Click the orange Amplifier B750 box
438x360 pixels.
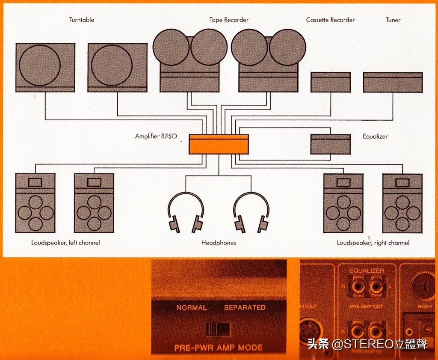pyautogui.click(x=219, y=144)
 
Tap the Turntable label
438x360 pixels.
pyautogui.click(x=82, y=20)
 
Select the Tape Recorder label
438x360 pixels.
pyautogui.click(x=229, y=20)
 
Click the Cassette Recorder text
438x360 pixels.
pyautogui.click(x=330, y=20)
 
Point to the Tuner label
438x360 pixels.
pyautogui.click(x=393, y=20)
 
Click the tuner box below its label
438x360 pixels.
pyautogui.click(x=393, y=82)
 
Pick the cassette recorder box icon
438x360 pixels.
pyautogui.click(x=331, y=82)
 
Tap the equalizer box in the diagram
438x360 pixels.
pyautogui.click(x=331, y=144)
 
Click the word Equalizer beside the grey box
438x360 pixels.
pyautogui.click(x=375, y=137)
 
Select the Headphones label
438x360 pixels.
pyautogui.click(x=219, y=243)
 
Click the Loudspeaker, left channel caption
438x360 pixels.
pyautogui.click(x=65, y=243)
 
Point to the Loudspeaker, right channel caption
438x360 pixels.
pyautogui.click(x=373, y=243)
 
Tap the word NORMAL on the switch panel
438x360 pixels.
pyautogui.click(x=191, y=307)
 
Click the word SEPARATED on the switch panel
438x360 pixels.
pyautogui.click(x=245, y=307)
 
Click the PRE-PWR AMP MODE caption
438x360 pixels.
pyautogui.click(x=218, y=348)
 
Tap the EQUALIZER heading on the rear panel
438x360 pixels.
pyautogui.click(x=367, y=271)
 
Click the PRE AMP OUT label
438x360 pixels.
pyautogui.click(x=367, y=306)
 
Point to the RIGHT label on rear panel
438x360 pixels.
pyautogui.click(x=425, y=306)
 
